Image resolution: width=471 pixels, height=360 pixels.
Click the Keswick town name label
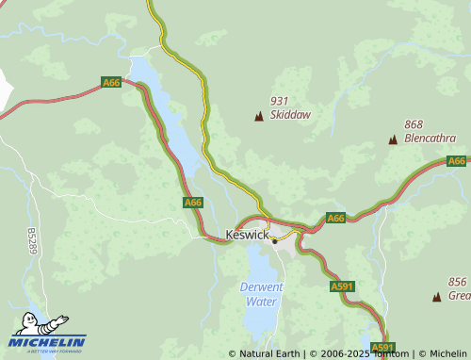point(247,234)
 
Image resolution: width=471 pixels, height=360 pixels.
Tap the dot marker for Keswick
point(274,240)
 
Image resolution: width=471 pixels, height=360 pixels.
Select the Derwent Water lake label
point(262,294)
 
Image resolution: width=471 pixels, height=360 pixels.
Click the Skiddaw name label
point(290,115)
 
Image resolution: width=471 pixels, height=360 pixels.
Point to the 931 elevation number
point(279,101)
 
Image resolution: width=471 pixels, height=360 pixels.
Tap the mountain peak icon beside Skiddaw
point(258,116)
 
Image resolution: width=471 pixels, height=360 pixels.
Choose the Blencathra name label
point(430,138)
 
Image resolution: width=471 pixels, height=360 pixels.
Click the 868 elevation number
point(414,124)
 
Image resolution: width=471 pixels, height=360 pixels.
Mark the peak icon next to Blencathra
point(393,139)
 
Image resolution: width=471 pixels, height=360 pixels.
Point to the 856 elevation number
point(458,282)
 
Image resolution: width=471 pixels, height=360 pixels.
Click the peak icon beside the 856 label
point(436,297)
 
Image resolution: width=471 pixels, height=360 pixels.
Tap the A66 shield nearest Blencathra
point(457,161)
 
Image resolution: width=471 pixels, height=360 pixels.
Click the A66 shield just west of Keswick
point(193,203)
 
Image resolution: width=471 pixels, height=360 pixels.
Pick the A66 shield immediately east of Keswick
point(336,218)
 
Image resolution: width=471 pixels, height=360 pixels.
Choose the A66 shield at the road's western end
point(111,83)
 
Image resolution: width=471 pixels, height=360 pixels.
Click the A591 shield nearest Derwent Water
point(341,286)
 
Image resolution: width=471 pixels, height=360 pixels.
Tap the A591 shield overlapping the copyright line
point(381,348)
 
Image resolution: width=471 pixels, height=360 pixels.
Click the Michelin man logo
point(36,324)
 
